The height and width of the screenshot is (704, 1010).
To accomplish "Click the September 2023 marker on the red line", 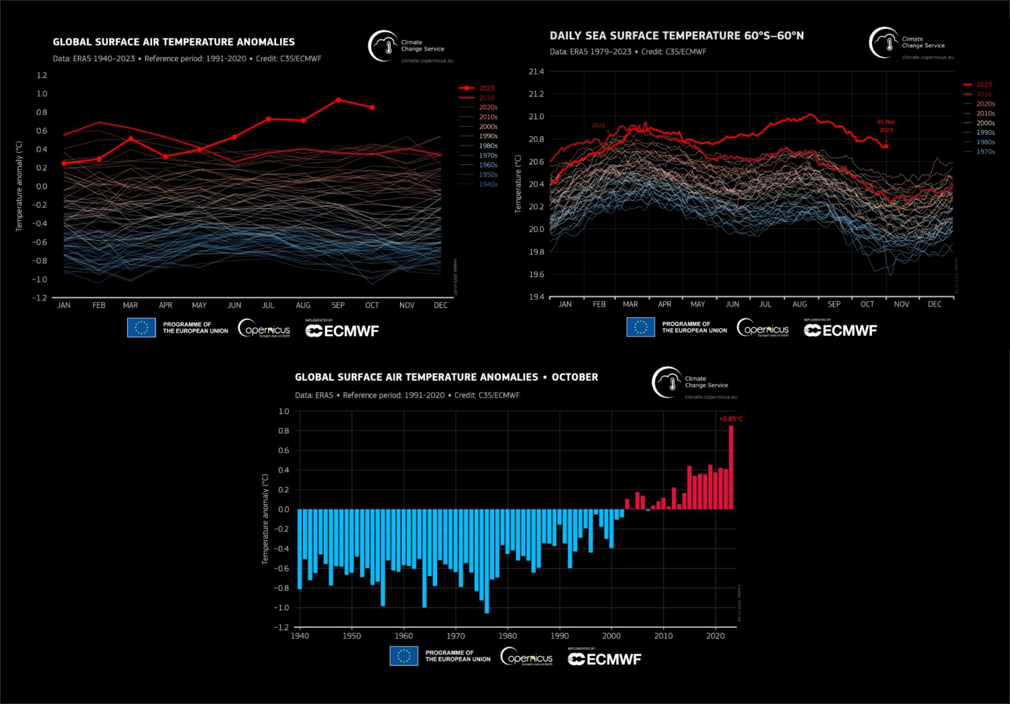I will tap(338, 100).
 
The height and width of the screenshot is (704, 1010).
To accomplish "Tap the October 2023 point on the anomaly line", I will tap(372, 107).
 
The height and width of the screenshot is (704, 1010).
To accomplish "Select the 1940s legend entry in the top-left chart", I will tap(487, 185).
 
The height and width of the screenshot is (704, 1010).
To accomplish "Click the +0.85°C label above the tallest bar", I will tap(731, 419).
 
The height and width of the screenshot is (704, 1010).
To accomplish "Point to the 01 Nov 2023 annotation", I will tap(886, 126).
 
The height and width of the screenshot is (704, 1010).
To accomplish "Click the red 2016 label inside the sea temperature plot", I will tap(598, 125).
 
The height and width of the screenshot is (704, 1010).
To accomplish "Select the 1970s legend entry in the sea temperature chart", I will tap(985, 152).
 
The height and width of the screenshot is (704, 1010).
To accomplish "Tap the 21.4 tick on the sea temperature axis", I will tap(536, 71).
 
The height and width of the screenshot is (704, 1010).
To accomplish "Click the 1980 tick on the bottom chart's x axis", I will tap(508, 636).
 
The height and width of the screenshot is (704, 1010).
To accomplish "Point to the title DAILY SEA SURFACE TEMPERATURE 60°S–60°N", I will tap(676, 36).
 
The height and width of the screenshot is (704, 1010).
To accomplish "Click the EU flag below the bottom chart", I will tap(403, 655).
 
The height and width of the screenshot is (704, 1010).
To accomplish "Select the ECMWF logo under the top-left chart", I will tap(342, 331).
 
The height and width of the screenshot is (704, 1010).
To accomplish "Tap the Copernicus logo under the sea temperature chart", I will tap(763, 329).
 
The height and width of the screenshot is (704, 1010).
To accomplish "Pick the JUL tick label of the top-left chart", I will tap(268, 306).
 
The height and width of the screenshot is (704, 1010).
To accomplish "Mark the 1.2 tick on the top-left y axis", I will tap(42, 75).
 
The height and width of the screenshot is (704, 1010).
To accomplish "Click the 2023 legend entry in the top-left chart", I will tap(486, 88).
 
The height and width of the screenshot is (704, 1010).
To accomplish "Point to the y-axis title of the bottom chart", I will tap(265, 519).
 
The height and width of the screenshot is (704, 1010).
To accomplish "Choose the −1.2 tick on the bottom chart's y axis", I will tap(281, 627).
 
